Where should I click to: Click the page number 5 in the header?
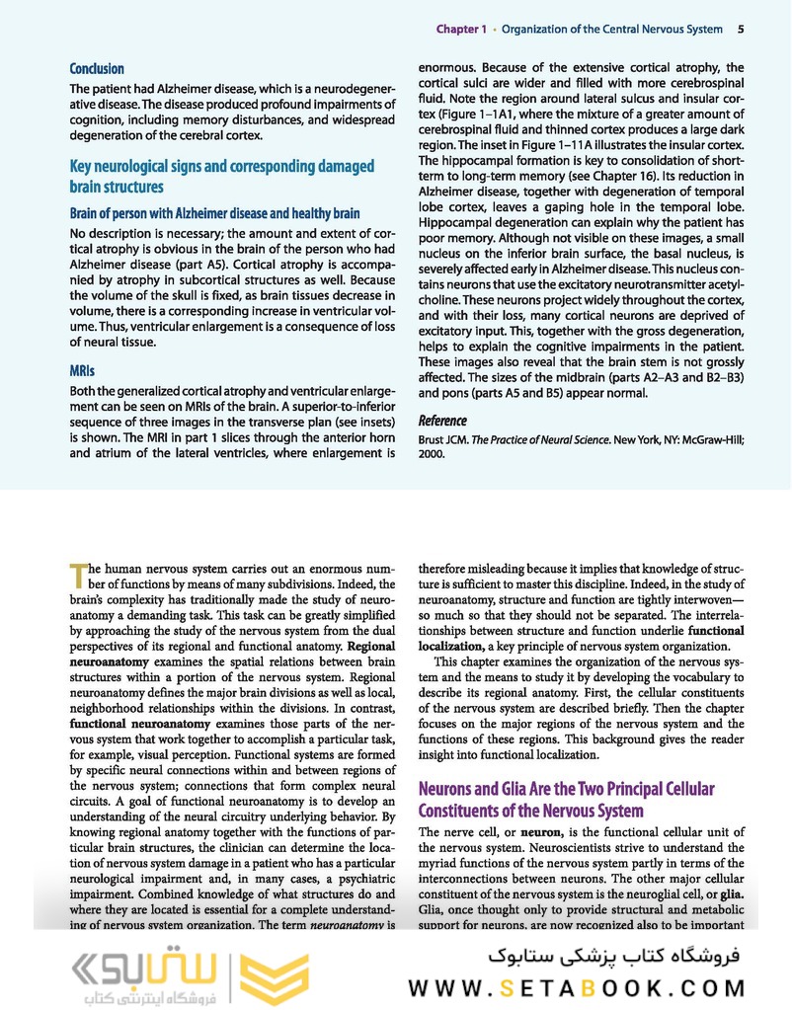[x=741, y=30]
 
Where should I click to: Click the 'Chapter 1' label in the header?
[x=461, y=30]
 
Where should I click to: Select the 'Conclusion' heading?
[x=97, y=69]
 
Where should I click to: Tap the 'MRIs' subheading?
[x=82, y=371]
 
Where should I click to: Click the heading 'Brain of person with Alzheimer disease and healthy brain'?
[x=214, y=213]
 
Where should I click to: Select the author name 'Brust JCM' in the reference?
[x=445, y=439]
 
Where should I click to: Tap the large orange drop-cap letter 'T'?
[x=79, y=574]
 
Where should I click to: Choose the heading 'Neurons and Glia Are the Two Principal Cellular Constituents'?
[x=567, y=800]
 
